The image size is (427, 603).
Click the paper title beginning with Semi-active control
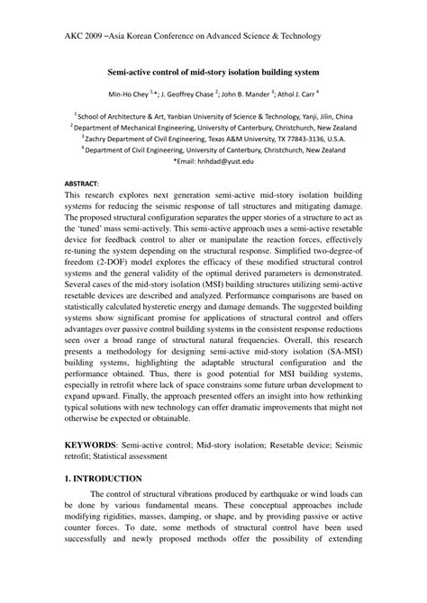[213, 69]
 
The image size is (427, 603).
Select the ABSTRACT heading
[83, 182]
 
